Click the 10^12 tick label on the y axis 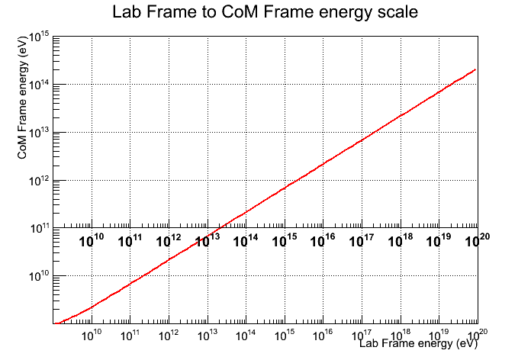click(39, 182)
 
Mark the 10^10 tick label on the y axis click(39, 276)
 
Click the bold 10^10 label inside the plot click(92, 240)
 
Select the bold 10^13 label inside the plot click(208, 240)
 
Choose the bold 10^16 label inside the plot click(323, 240)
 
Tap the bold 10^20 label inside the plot click(478, 239)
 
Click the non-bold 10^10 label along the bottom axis click(92, 334)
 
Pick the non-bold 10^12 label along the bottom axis click(169, 334)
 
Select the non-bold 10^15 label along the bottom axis click(285, 334)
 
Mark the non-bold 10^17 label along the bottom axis click(362, 334)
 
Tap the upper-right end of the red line click(475, 69)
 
